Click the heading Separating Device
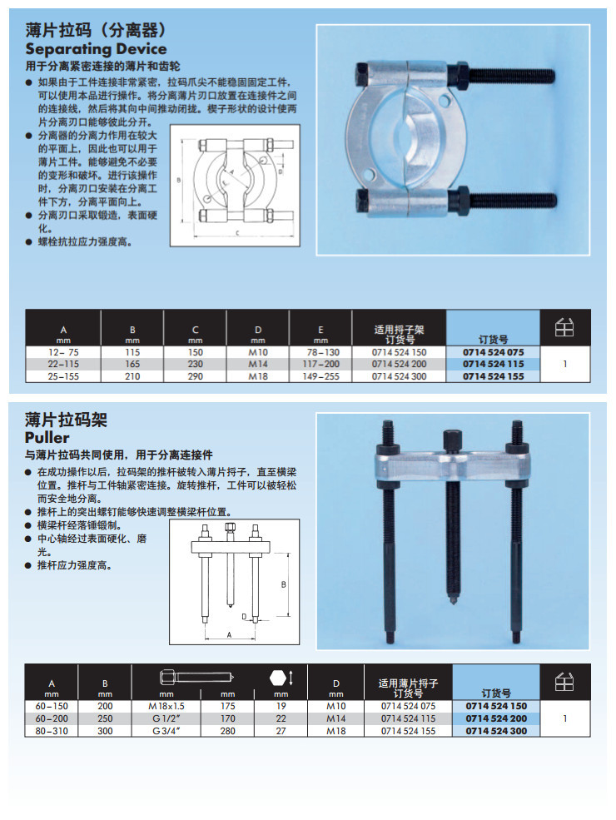point(96,49)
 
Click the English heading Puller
point(47,438)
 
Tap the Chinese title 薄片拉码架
point(67,419)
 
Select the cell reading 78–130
point(320,352)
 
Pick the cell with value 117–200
point(320,364)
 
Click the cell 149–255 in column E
point(320,376)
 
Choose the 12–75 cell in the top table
point(63,352)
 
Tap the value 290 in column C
point(195,376)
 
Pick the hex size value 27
point(281,731)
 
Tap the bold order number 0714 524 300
point(496,731)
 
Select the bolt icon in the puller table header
point(190,677)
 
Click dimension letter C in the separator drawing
point(236,233)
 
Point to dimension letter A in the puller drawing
point(230,634)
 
